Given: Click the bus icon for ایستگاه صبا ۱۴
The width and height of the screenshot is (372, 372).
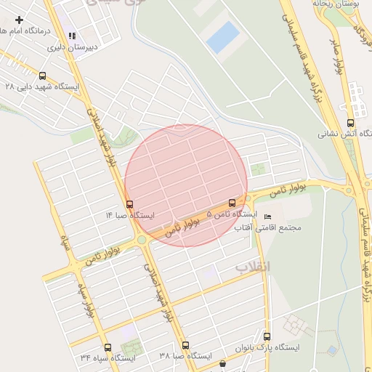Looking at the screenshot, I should tap(129, 204).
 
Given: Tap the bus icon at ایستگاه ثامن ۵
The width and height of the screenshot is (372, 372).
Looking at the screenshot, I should tap(232, 203).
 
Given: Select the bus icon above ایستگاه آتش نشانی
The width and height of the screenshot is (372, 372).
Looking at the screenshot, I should tap(351, 123).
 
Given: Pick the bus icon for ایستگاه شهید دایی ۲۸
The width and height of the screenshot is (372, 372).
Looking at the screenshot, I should tap(42, 76).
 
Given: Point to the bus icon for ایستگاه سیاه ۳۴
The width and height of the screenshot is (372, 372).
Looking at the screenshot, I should tap(108, 347).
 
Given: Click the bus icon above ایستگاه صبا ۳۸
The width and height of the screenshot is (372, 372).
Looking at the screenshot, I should tap(185, 346).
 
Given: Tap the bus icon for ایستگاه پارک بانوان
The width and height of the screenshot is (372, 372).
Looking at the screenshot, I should tap(267, 336).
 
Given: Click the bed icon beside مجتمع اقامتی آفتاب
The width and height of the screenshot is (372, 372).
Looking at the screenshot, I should tap(267, 217).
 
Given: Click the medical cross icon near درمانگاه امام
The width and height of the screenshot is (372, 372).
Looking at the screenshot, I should tap(19, 20).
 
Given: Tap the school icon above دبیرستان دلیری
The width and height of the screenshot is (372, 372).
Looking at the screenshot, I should tap(71, 36).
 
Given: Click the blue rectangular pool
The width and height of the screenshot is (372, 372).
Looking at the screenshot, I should tap(222, 37).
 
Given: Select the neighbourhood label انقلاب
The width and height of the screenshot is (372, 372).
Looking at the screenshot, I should tap(251, 267).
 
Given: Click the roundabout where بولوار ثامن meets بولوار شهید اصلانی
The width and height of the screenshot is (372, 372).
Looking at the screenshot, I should tap(142, 239).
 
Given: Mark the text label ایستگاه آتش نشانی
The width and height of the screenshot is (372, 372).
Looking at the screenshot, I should tap(345, 134).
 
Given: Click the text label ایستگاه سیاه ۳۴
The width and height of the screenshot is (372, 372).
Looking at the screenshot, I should tap(108, 358).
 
